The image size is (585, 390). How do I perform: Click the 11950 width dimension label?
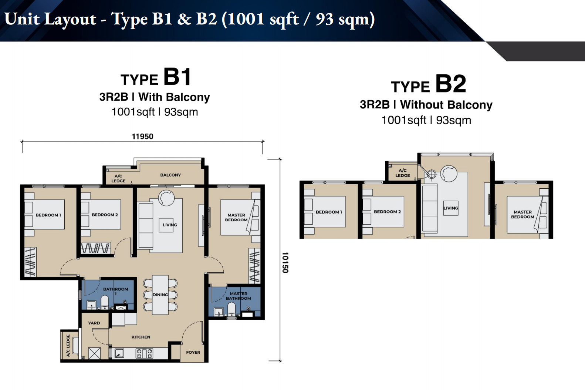[142, 137]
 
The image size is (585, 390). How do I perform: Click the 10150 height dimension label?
[285, 262]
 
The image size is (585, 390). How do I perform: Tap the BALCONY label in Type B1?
[170, 175]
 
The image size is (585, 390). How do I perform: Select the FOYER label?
[193, 352]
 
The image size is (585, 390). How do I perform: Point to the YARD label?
[94, 323]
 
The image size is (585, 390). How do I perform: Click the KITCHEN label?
[141, 337]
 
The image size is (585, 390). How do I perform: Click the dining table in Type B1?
[160, 295]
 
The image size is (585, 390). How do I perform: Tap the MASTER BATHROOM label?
[239, 296]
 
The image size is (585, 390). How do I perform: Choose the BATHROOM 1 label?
[115, 291]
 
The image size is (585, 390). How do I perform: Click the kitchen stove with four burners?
[144, 353]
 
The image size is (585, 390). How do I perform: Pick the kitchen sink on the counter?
[119, 353]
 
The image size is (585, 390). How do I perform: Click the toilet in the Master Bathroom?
[231, 310]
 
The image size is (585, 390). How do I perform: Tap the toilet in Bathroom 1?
[105, 302]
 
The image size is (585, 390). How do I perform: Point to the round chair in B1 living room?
[166, 198]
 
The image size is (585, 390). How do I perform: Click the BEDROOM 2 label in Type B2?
[387, 212]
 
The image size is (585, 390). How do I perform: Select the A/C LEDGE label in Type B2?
[402, 173]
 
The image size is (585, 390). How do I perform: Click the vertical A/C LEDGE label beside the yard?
[68, 346]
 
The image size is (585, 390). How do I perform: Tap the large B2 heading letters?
[451, 84]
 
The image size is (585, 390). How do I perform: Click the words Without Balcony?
[446, 105]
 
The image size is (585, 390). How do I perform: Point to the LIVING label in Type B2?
[451, 208]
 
